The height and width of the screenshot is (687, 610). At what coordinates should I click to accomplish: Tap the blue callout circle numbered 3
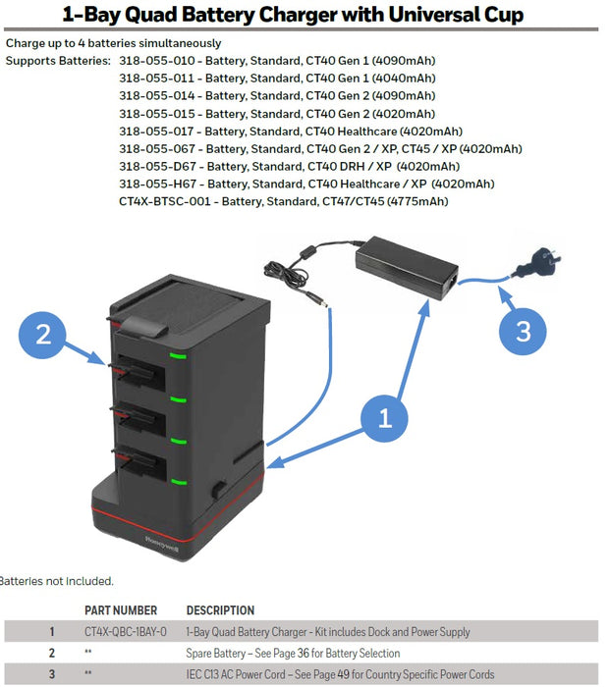(523, 331)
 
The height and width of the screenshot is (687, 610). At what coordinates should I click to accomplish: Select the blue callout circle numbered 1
(385, 418)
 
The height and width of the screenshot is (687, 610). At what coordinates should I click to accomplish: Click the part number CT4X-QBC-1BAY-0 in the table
(126, 632)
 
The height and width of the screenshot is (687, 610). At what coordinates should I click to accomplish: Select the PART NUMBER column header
(121, 610)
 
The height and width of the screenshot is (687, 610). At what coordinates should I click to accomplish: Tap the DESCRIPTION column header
(220, 610)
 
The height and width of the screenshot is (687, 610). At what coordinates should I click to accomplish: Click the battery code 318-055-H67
(158, 184)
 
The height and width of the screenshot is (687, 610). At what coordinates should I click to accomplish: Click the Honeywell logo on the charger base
(161, 540)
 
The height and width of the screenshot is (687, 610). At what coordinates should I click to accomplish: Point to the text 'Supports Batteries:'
(58, 61)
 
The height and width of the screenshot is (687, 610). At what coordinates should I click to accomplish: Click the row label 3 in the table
(52, 675)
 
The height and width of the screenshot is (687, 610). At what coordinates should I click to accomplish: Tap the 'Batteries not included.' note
(57, 581)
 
